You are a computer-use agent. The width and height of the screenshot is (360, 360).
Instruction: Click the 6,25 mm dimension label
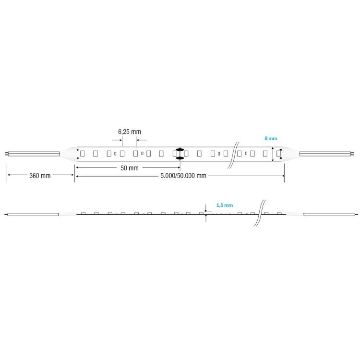tap(129, 132)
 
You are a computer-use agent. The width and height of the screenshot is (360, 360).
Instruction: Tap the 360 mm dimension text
tap(40, 176)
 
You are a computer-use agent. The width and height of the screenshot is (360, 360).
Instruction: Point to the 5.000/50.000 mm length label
tap(183, 176)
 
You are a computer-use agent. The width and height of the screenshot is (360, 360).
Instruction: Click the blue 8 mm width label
tap(271, 138)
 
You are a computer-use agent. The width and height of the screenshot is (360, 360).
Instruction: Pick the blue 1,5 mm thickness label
tap(225, 205)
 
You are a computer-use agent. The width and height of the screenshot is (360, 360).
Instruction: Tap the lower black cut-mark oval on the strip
tap(180, 158)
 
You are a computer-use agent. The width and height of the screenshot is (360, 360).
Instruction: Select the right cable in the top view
tap(326, 154)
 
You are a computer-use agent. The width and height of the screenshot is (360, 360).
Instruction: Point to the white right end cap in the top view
tap(290, 154)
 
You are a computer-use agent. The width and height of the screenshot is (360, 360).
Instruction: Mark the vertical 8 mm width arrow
tap(273, 154)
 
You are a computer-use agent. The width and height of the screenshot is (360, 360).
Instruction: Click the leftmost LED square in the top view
tap(83, 154)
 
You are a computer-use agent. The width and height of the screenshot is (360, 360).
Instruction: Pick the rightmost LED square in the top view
tap(278, 154)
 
